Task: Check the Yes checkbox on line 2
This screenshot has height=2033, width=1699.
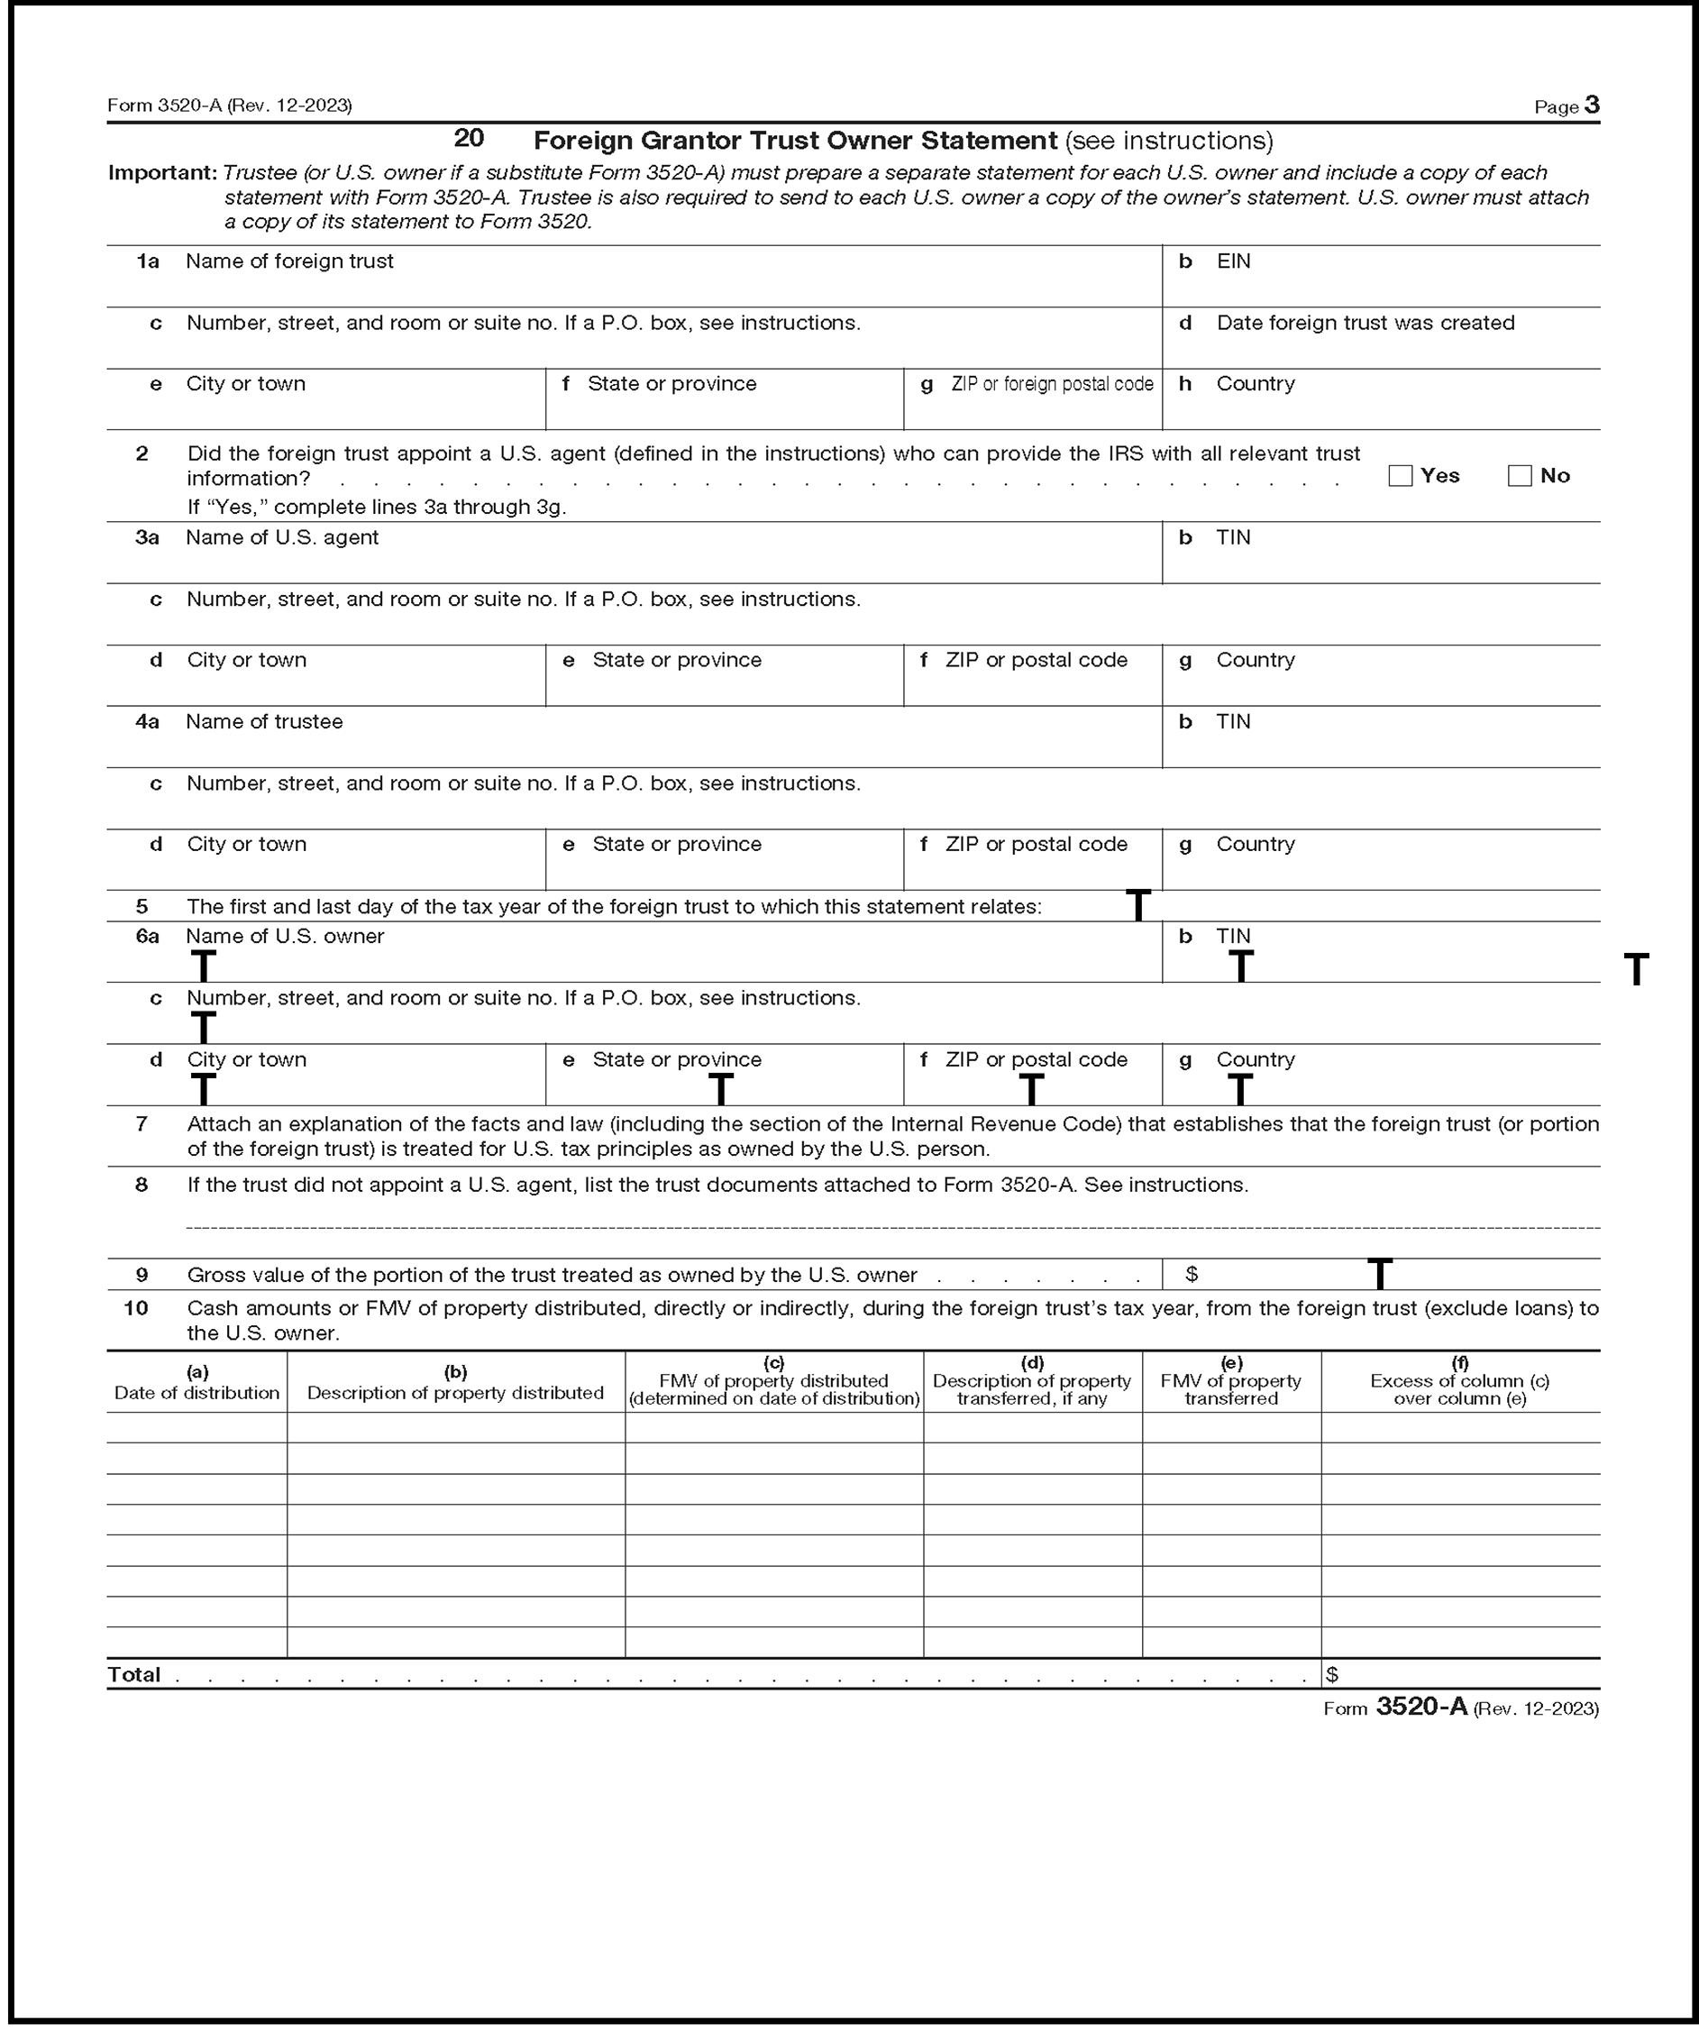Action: [1400, 476]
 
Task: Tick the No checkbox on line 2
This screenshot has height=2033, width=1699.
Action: [1519, 476]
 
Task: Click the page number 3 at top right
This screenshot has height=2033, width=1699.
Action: [1592, 105]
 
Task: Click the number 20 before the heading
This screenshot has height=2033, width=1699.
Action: [469, 139]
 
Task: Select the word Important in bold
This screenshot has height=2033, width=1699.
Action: [161, 173]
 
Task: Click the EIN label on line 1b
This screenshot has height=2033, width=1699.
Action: [1233, 261]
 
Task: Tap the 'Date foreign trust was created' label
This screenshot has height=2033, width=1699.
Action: [1365, 324]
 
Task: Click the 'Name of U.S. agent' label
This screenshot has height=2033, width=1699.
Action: [282, 538]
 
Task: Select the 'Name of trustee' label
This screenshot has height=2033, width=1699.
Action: [264, 722]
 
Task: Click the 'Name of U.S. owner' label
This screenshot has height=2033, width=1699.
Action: [285, 937]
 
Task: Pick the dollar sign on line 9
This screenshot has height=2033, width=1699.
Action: [1192, 1275]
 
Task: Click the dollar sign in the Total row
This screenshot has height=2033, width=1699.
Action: [1332, 1675]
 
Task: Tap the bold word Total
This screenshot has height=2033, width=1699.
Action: [133, 1675]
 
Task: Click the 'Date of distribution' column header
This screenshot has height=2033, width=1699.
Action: [196, 1393]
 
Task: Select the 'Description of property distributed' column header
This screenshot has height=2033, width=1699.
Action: [455, 1393]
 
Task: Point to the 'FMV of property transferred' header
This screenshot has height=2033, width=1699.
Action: [1230, 1390]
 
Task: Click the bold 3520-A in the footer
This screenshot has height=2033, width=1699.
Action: [1421, 1707]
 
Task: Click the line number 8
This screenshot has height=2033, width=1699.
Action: [142, 1185]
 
